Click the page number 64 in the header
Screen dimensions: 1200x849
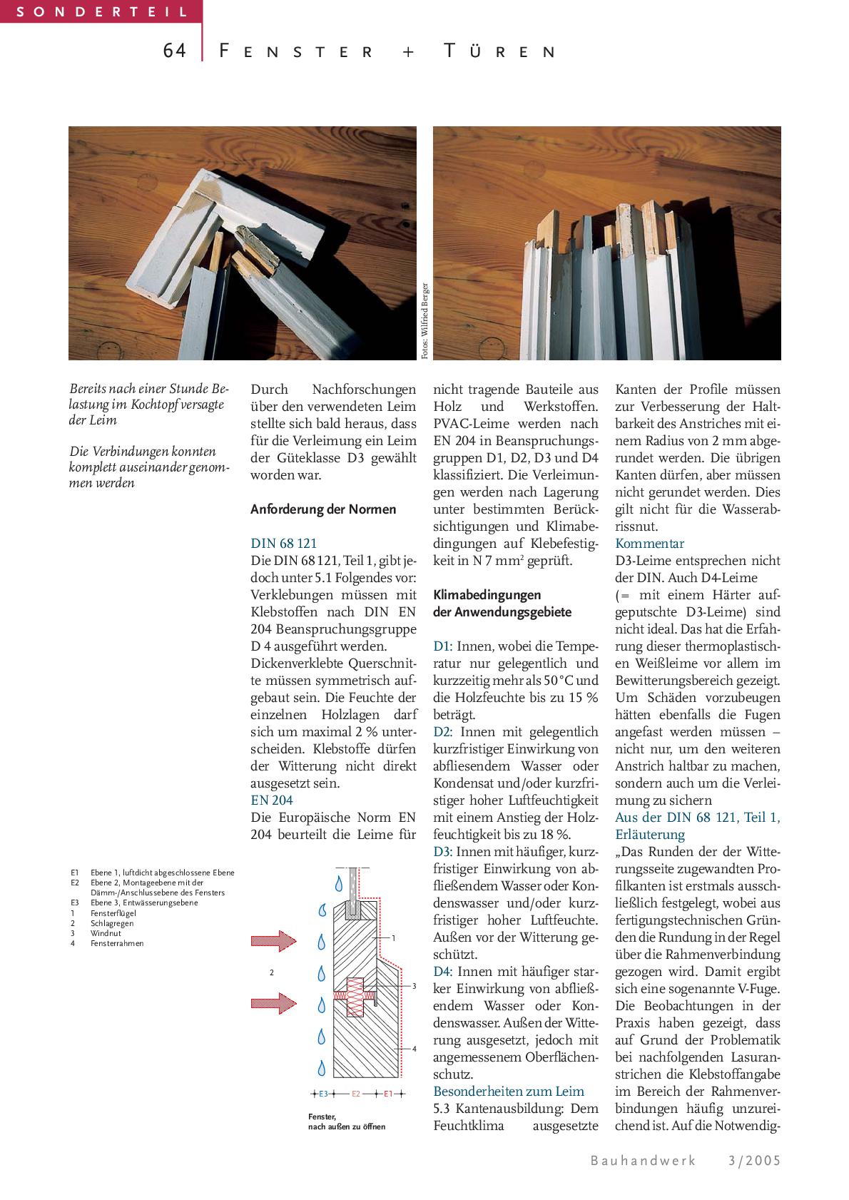[174, 51]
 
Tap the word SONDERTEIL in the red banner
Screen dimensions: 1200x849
[101, 11]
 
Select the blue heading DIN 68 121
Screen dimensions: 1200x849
[283, 544]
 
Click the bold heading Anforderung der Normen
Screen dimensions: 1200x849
[323, 509]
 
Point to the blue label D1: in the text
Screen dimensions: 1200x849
[442, 646]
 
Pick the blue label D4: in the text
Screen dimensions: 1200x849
[443, 972]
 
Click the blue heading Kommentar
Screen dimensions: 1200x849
[649, 544]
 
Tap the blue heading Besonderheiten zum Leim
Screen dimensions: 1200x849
[509, 1092]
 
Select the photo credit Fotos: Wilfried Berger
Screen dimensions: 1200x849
[425, 321]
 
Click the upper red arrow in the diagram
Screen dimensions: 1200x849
[273, 941]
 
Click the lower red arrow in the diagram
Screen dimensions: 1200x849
[273, 1003]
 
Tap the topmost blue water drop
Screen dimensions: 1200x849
[337, 882]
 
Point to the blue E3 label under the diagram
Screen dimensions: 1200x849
[323, 1094]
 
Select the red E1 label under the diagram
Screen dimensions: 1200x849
[388, 1094]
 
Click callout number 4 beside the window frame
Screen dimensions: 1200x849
[414, 1049]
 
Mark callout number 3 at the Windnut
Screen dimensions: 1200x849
[414, 986]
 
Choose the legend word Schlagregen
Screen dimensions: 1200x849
[112, 923]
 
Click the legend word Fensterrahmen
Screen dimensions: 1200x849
[117, 943]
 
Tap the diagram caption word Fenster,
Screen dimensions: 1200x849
[322, 1117]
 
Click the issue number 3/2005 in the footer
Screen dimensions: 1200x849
[754, 1161]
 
